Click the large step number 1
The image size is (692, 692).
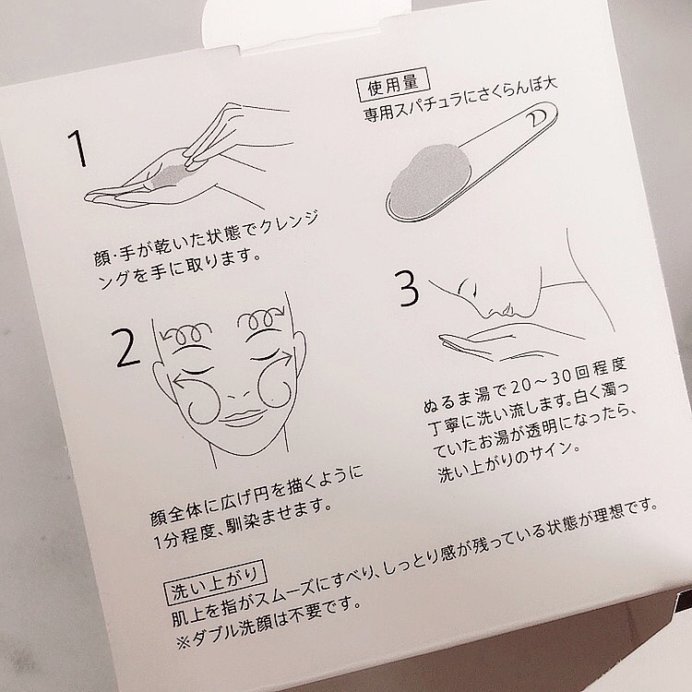tap(78, 148)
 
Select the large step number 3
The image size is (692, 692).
tap(407, 288)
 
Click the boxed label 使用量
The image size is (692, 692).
tap(393, 84)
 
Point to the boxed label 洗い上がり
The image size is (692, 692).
tap(215, 582)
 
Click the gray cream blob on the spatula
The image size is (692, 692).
tap(423, 181)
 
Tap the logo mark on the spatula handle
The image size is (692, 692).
tap(537, 117)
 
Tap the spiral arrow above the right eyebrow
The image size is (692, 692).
tap(260, 321)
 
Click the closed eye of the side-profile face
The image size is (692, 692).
tap(472, 289)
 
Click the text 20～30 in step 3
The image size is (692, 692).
tap(541, 382)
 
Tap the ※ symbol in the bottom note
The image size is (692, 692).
tap(184, 642)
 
